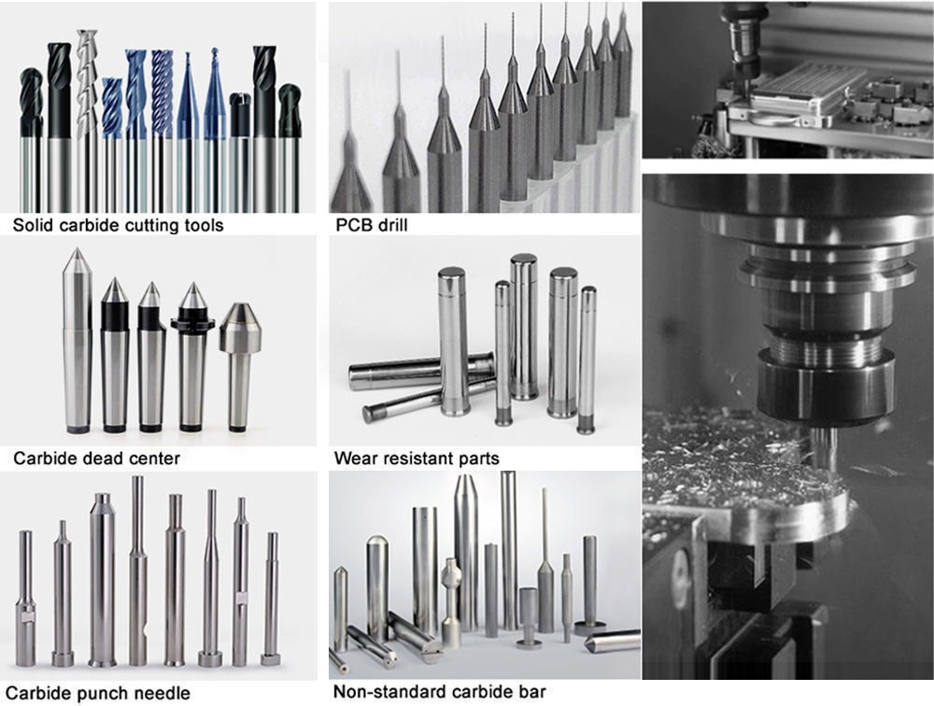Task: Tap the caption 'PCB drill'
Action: pos(372,225)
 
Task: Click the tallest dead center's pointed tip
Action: pos(77,248)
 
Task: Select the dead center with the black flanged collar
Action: pos(191,357)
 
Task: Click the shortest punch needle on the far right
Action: pos(271,599)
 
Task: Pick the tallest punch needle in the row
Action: pos(137,571)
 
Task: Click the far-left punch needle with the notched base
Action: pos(25,599)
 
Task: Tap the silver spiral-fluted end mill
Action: pos(87,120)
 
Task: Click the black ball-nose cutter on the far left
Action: pos(31,139)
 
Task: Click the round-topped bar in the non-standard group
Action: pos(377,587)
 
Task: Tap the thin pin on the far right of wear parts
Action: pos(587,360)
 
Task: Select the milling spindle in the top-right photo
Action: pos(741,49)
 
